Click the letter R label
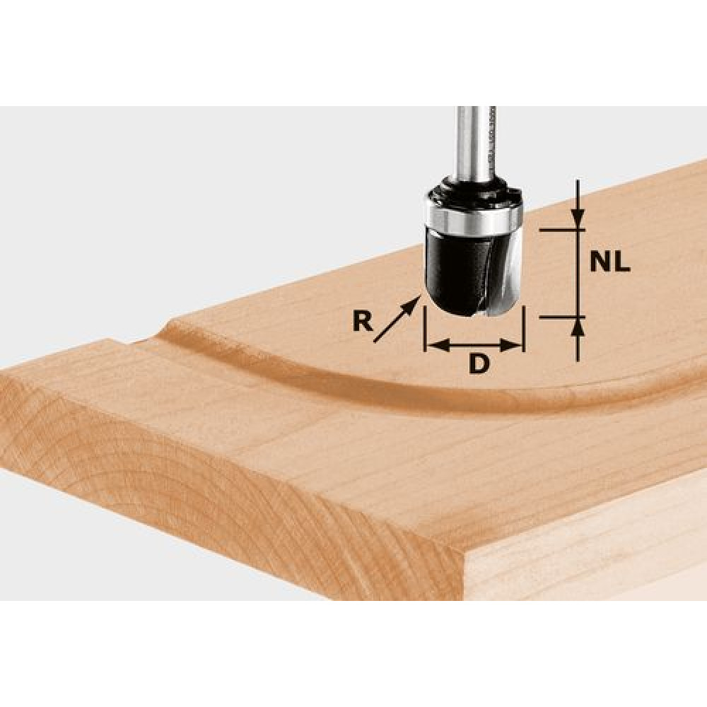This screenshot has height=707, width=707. click(363, 322)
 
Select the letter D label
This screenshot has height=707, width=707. click(479, 363)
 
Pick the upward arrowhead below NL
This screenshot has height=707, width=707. click(578, 327)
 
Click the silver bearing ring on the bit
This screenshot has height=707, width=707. click(474, 218)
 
